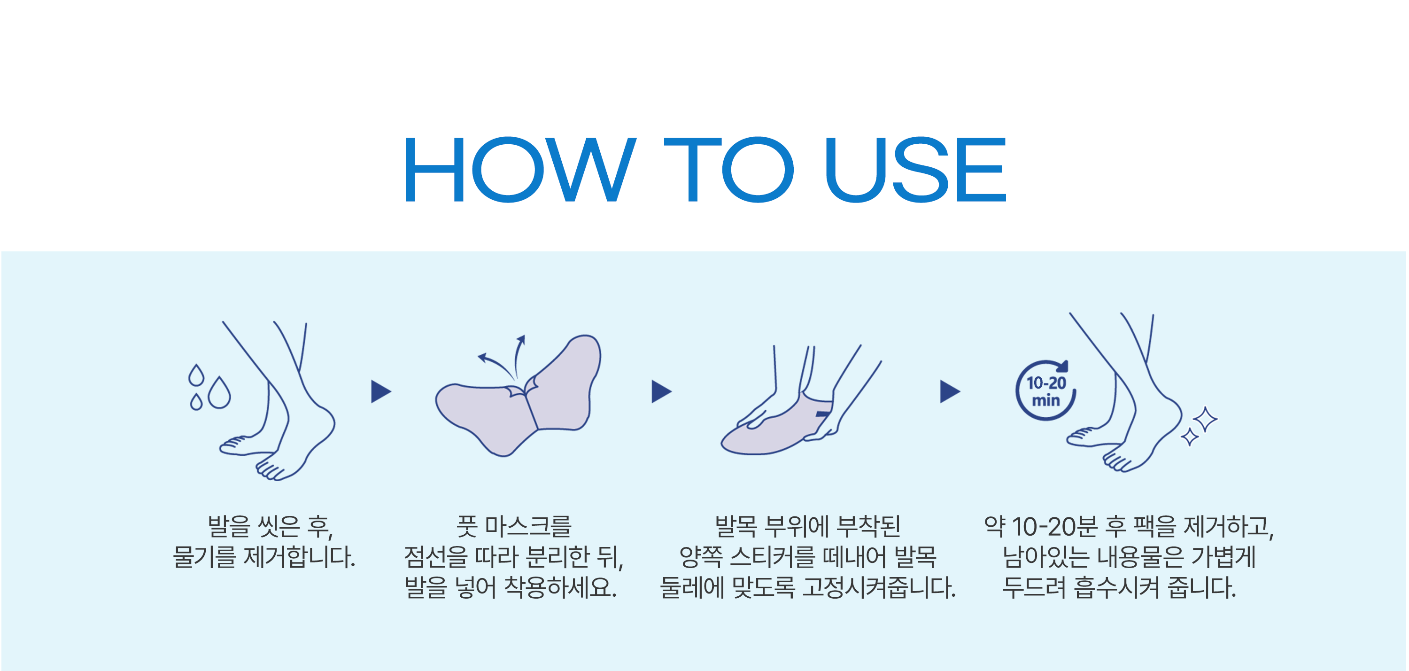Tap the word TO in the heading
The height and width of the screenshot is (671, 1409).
(x=728, y=169)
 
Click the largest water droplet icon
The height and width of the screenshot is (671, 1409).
(x=219, y=392)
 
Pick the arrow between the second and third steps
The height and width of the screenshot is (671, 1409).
(x=661, y=391)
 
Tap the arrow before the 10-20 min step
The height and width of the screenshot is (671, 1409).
(x=950, y=391)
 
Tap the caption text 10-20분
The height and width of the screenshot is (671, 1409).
(x=1054, y=527)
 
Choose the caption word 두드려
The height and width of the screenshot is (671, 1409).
(x=1034, y=587)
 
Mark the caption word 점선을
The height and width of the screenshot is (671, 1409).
(x=436, y=557)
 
